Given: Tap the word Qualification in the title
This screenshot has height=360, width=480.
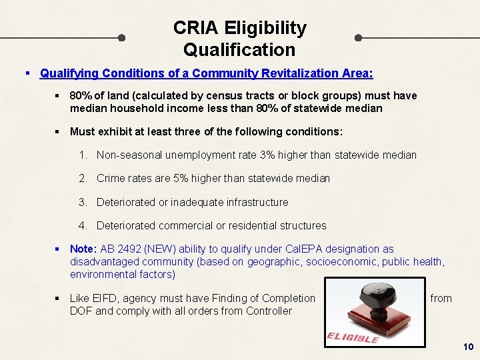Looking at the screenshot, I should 239,50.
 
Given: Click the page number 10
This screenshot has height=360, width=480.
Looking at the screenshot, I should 467,347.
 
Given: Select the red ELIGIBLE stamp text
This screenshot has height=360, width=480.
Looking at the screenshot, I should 353,337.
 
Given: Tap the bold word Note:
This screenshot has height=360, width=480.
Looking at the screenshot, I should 83,249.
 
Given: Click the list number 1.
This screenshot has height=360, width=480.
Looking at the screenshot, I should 82,155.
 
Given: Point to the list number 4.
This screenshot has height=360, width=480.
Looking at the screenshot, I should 82,225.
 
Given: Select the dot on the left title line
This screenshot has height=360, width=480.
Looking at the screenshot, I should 121,38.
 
